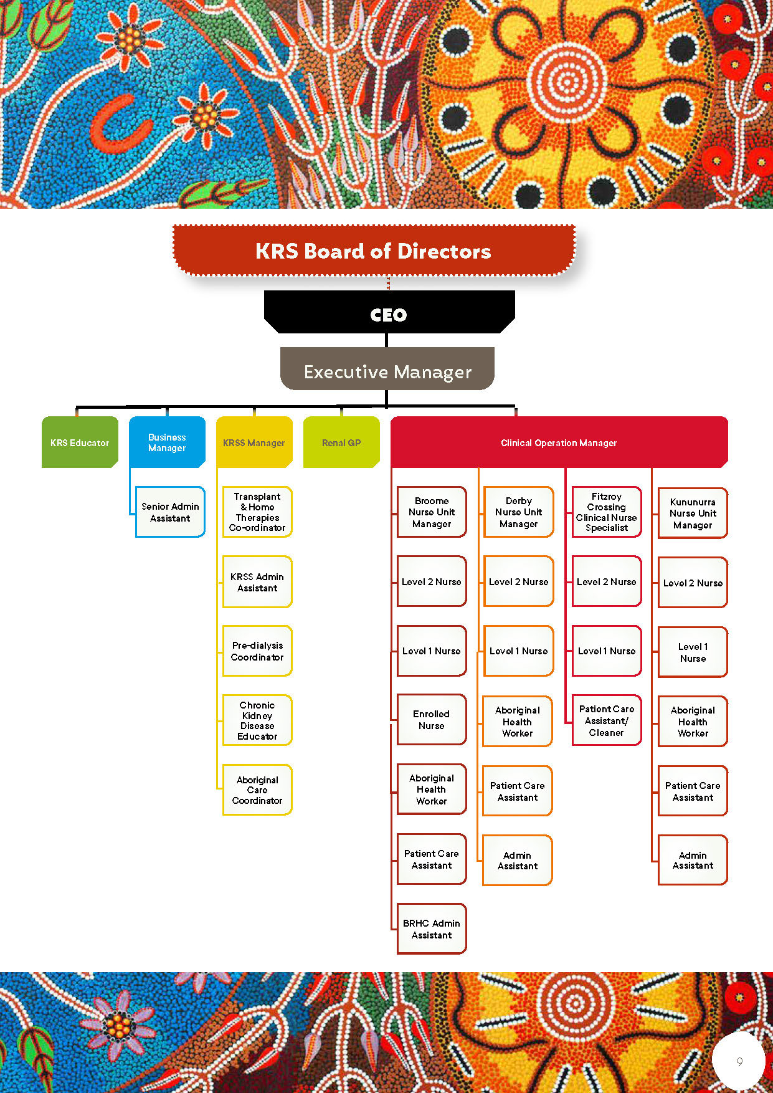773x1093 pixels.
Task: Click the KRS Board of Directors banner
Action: pos(374,251)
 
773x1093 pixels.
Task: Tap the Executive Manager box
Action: pos(387,371)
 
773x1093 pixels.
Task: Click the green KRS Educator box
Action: pos(80,442)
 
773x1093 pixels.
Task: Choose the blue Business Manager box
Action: pos(167,442)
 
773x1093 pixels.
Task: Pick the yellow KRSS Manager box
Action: pos(254,442)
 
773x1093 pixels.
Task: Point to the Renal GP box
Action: pos(341,442)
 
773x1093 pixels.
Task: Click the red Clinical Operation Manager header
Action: pos(559,442)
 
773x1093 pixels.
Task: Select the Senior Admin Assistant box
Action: pos(170,512)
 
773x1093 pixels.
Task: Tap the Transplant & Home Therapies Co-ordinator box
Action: pos(257,512)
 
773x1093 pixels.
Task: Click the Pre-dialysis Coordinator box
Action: pos(257,651)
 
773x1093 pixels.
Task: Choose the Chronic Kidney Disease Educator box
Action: pos(257,720)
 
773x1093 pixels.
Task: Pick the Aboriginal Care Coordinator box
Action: pos(257,790)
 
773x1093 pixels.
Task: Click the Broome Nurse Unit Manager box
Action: pos(432,512)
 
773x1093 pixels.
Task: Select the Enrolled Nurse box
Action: pos(432,720)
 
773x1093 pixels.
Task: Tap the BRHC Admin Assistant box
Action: pos(432,929)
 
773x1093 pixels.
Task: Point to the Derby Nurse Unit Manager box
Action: pos(519,512)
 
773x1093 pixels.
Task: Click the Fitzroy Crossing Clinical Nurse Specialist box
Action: pos(607,512)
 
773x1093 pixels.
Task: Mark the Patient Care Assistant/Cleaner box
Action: pos(607,720)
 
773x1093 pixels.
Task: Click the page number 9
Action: pos(739,1061)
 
